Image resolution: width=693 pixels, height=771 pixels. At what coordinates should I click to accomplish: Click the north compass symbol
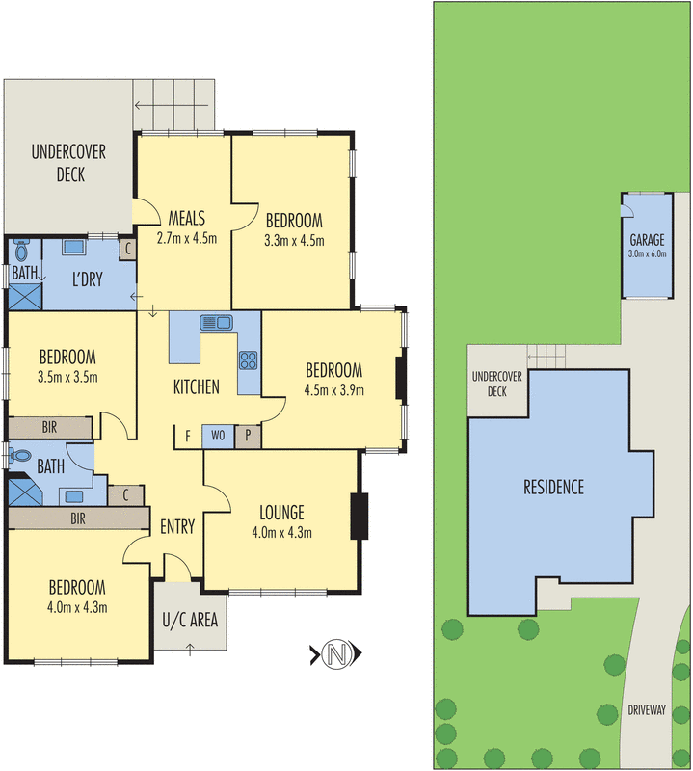pyautogui.click(x=336, y=654)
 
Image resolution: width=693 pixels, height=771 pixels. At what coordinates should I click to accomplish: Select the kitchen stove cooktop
pyautogui.click(x=248, y=361)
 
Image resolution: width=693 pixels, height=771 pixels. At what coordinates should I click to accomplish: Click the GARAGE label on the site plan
pyautogui.click(x=647, y=240)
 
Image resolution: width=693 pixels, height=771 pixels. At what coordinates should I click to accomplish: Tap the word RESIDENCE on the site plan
pyautogui.click(x=553, y=487)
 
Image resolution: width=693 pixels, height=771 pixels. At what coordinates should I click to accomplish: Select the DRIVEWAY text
pyautogui.click(x=647, y=709)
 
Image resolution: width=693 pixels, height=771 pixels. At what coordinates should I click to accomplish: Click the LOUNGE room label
pyautogui.click(x=281, y=512)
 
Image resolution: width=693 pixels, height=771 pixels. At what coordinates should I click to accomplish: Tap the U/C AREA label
pyautogui.click(x=189, y=619)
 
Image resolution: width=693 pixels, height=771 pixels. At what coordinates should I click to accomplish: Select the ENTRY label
pyautogui.click(x=177, y=527)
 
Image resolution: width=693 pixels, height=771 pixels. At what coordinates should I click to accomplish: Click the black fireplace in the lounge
pyautogui.click(x=360, y=515)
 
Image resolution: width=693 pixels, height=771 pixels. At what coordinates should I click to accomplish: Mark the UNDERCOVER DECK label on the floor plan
pyautogui.click(x=68, y=163)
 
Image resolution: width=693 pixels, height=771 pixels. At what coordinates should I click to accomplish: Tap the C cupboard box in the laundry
pyautogui.click(x=127, y=249)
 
